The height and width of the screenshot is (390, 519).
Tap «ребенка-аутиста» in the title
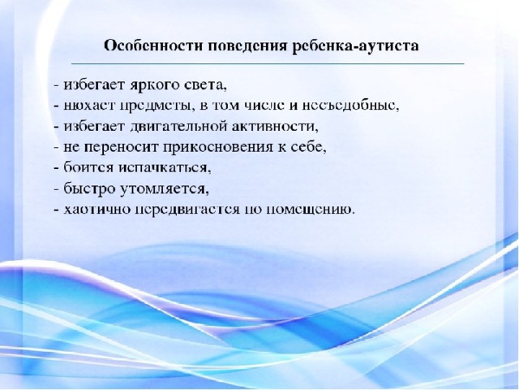(x=356, y=46)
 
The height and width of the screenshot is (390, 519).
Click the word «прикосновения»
(x=217, y=148)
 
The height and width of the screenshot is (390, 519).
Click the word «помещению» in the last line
(x=311, y=210)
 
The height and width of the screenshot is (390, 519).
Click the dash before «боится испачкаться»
(x=57, y=168)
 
